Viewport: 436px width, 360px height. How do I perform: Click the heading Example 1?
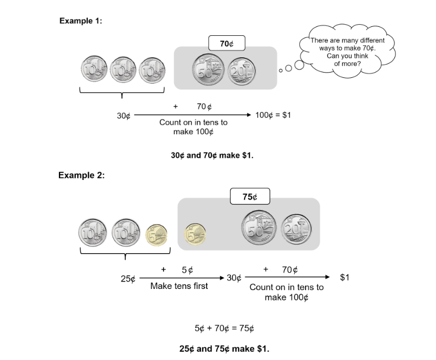click(x=80, y=21)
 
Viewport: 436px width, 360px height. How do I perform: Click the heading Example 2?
click(x=81, y=175)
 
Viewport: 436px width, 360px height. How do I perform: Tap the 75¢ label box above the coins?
click(x=250, y=197)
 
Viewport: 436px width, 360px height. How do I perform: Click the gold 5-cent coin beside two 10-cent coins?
click(x=156, y=233)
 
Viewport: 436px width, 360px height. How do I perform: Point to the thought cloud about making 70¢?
click(x=347, y=52)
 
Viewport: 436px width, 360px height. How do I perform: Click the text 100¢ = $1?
click(x=272, y=115)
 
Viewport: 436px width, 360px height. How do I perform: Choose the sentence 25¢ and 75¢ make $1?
click(x=224, y=348)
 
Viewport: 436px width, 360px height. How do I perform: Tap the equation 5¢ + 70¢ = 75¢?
click(x=225, y=328)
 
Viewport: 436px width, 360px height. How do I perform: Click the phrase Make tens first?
click(x=179, y=286)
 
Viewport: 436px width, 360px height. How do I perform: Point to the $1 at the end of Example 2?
click(x=344, y=277)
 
